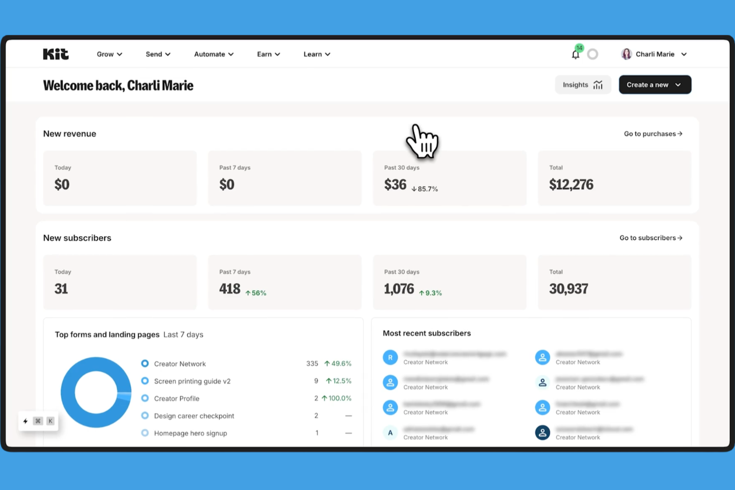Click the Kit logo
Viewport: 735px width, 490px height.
56,54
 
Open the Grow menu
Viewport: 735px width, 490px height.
109,54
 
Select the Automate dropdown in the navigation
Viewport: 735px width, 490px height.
214,54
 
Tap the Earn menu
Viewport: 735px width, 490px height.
268,54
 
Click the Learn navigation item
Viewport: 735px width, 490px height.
317,54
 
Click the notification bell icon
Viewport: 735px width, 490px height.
576,55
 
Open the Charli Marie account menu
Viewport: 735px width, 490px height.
654,54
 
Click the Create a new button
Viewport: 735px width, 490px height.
655,85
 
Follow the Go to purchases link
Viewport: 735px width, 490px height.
653,134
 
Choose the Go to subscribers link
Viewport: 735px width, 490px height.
651,238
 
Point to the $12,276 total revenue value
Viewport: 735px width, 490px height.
571,185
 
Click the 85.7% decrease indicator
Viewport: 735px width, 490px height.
425,189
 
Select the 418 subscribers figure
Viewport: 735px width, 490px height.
230,289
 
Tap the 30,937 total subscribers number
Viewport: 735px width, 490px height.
569,289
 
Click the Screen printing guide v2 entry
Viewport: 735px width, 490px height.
192,381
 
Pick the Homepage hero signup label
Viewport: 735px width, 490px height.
190,433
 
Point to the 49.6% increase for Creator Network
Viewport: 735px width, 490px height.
338,364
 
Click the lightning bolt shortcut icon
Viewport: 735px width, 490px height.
25,421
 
